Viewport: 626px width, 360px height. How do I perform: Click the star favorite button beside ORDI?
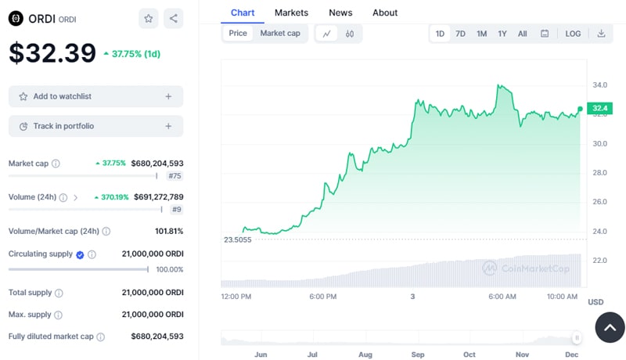(148, 18)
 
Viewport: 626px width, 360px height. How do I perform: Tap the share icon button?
(173, 18)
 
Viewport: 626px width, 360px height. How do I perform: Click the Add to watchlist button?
(95, 96)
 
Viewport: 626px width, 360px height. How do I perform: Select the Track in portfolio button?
(95, 126)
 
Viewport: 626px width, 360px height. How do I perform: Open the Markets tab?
(291, 13)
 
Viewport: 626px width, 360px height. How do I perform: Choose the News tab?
(340, 13)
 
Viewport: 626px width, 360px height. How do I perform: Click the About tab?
(385, 13)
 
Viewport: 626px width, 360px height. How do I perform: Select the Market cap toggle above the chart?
(280, 34)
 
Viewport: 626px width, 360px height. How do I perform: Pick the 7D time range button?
(461, 34)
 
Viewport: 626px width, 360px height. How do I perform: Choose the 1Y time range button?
(502, 34)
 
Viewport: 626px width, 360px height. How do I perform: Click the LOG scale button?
(573, 34)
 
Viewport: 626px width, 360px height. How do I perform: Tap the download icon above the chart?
(601, 34)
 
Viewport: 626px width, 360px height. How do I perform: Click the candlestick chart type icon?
(350, 34)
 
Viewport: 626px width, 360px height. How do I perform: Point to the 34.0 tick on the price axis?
(600, 85)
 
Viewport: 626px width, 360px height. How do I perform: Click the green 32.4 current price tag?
(600, 109)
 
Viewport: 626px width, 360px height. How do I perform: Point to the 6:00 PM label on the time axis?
(322, 297)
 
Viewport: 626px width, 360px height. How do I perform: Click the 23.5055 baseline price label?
(237, 239)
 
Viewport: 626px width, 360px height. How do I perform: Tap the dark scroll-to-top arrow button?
(610, 327)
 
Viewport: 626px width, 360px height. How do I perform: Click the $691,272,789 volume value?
(157, 197)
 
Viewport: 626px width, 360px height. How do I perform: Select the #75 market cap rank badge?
(174, 176)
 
